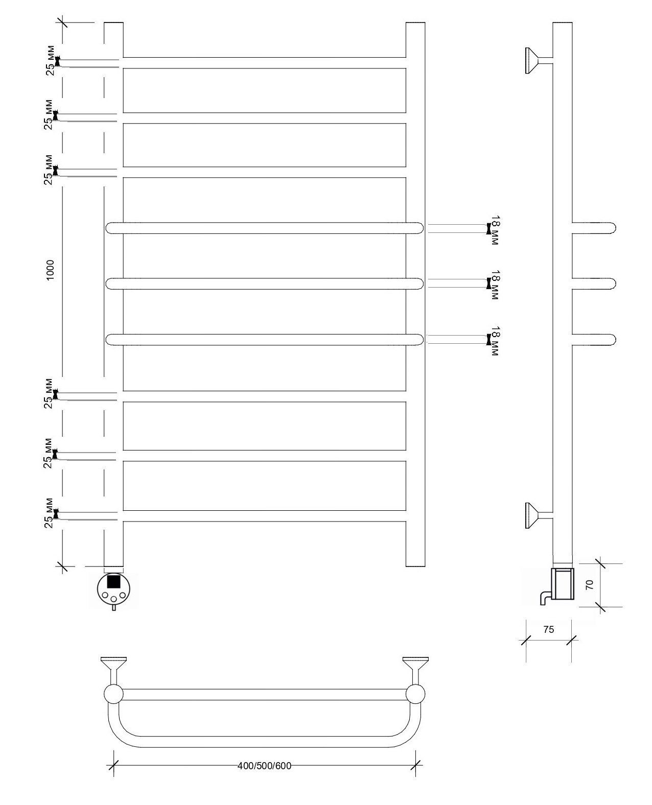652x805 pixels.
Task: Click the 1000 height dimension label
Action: tap(50, 270)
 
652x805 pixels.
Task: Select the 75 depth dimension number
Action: tap(548, 630)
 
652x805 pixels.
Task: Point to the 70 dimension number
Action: tap(589, 585)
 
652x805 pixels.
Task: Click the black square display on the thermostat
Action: tap(114, 581)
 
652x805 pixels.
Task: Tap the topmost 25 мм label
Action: tap(50, 60)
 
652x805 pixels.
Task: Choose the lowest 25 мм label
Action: tap(49, 513)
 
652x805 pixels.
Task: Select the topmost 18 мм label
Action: tap(495, 230)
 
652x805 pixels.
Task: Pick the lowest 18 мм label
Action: tap(495, 341)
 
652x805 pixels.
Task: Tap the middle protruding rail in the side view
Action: tap(594, 284)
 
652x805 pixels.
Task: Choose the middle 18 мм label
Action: tap(495, 285)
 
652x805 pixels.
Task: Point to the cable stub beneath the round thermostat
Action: tap(114, 608)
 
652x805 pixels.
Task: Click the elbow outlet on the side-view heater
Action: tap(546, 598)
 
